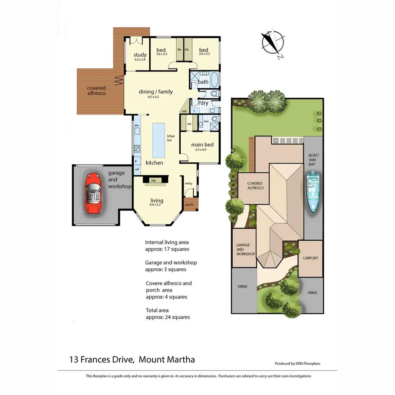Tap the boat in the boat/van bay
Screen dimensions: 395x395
coord(313,191)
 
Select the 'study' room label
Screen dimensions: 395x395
coord(140,55)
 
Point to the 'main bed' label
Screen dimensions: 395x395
coord(202,145)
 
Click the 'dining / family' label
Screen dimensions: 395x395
coord(156,92)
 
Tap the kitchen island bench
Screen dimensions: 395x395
coord(159,139)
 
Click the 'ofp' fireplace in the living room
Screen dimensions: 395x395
coord(153,180)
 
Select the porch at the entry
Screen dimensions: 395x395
coord(189,204)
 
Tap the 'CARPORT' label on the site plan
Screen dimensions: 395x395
coord(310,258)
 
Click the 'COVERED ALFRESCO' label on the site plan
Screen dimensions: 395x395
coord(255,186)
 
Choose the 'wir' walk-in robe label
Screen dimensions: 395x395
coord(189,124)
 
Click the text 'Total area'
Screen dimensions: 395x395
coord(158,310)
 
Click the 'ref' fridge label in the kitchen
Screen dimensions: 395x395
coord(137,170)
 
